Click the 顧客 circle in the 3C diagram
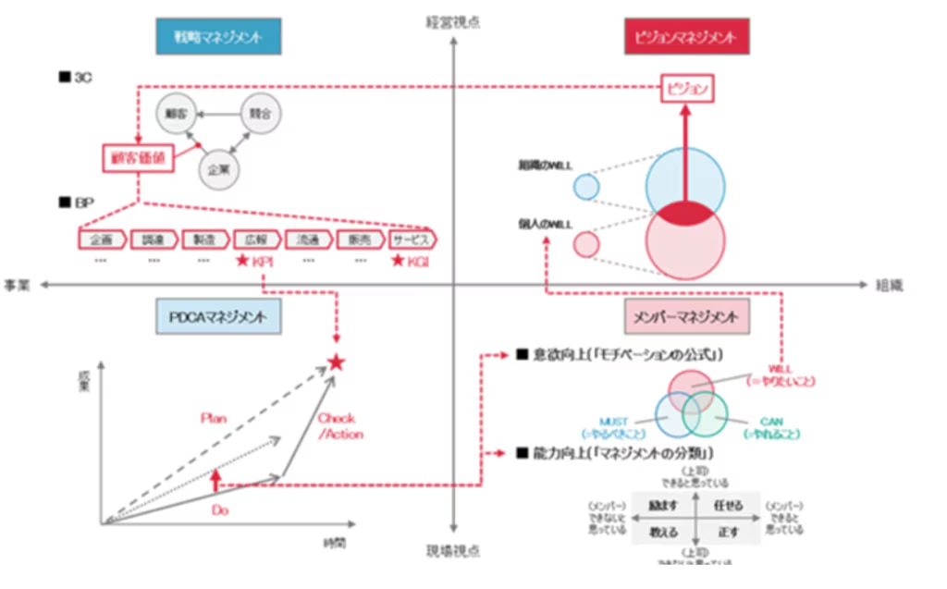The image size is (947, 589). click(x=177, y=113)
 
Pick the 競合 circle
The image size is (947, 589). click(x=259, y=113)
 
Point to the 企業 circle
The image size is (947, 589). click(x=218, y=170)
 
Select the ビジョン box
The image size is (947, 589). click(x=687, y=89)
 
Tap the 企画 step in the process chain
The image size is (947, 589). click(x=103, y=239)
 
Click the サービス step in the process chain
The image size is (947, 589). click(x=411, y=239)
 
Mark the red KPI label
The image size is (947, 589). click(x=252, y=262)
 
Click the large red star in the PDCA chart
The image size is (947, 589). click(x=337, y=363)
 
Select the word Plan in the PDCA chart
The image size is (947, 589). click(x=214, y=418)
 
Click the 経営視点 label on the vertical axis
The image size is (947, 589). click(x=452, y=20)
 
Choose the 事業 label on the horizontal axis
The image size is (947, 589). click(x=18, y=286)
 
